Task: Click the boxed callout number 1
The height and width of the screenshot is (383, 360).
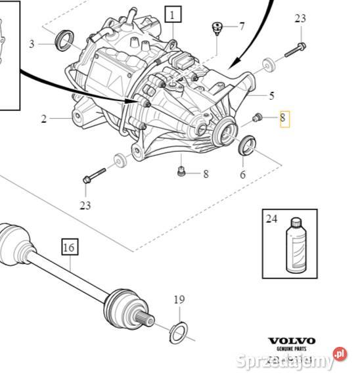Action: (173, 15)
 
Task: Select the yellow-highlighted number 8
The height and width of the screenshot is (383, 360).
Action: (283, 119)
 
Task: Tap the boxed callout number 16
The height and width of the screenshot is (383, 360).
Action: (69, 248)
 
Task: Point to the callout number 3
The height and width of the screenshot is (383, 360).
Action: (32, 44)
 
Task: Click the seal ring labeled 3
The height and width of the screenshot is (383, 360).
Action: (64, 39)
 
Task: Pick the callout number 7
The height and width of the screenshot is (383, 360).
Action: (241, 27)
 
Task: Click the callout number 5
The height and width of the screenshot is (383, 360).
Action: (271, 95)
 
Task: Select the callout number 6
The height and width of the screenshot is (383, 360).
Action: (242, 175)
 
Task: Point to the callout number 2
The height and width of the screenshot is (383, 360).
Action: (43, 119)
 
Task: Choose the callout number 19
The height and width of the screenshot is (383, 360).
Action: (179, 300)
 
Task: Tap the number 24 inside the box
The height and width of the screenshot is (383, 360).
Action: (272, 219)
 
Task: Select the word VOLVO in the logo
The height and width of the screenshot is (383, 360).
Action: (291, 341)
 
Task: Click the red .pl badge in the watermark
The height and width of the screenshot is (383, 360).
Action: (339, 353)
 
